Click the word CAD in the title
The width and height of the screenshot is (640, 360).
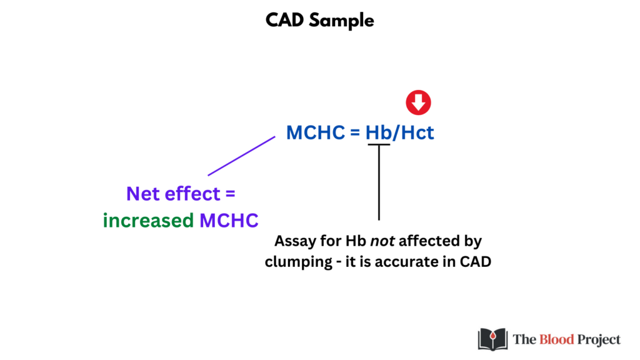point(284,20)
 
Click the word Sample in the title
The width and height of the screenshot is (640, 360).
point(341,21)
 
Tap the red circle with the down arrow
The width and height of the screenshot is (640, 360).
point(418,102)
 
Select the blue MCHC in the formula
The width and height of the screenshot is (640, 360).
point(316,132)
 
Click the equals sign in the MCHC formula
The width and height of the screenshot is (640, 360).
point(355,132)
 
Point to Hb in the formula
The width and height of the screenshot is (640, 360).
point(378,132)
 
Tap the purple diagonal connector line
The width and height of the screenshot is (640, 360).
point(242,156)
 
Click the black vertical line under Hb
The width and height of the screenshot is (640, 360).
point(379,182)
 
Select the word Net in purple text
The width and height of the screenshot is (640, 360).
point(143,194)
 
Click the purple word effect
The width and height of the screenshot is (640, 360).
point(192,194)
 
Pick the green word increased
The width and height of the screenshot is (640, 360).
point(148,221)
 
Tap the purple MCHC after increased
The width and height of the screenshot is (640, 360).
point(229,221)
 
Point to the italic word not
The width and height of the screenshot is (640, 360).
point(382,241)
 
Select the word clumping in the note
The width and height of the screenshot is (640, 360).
point(298,262)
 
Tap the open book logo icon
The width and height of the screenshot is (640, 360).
point(492,339)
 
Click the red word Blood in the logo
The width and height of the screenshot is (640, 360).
point(557,339)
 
